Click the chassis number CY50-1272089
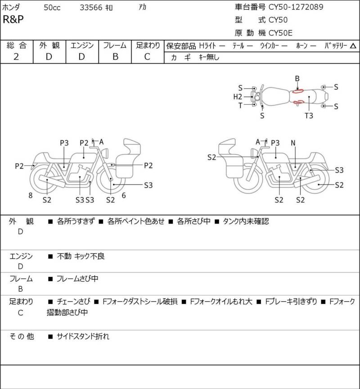(296, 7)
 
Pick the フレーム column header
(115, 45)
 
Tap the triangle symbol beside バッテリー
(353, 46)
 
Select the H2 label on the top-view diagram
(238, 97)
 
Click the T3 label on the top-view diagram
(309, 116)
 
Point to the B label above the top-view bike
(297, 79)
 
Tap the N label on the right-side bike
(293, 143)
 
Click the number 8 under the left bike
(31, 196)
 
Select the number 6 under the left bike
(124, 196)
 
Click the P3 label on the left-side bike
(64, 143)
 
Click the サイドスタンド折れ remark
(83, 336)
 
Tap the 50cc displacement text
(53, 8)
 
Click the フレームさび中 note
(77, 279)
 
